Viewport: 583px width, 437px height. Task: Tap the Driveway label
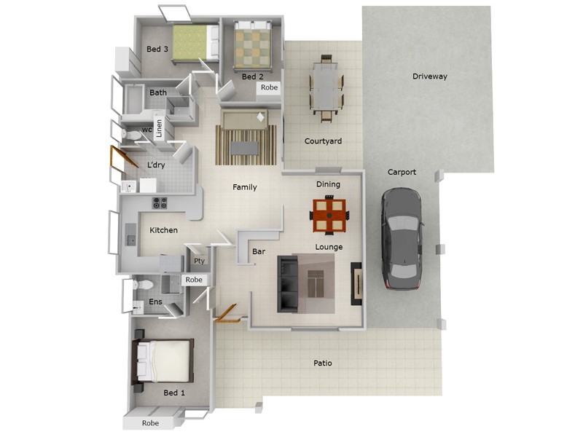coord(429,76)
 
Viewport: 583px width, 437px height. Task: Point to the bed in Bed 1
coord(165,361)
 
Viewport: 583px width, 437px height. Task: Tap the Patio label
coord(323,363)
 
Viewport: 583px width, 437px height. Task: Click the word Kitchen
coord(163,230)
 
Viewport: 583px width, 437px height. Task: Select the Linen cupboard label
coord(158,128)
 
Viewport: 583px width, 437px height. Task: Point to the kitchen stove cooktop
coord(159,203)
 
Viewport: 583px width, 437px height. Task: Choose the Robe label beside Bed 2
coord(269,87)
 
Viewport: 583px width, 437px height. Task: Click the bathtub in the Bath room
coord(137,99)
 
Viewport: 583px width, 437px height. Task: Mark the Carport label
coord(402,173)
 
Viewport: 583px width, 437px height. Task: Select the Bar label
coord(258,252)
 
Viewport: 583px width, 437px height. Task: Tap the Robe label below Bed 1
coord(150,423)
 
